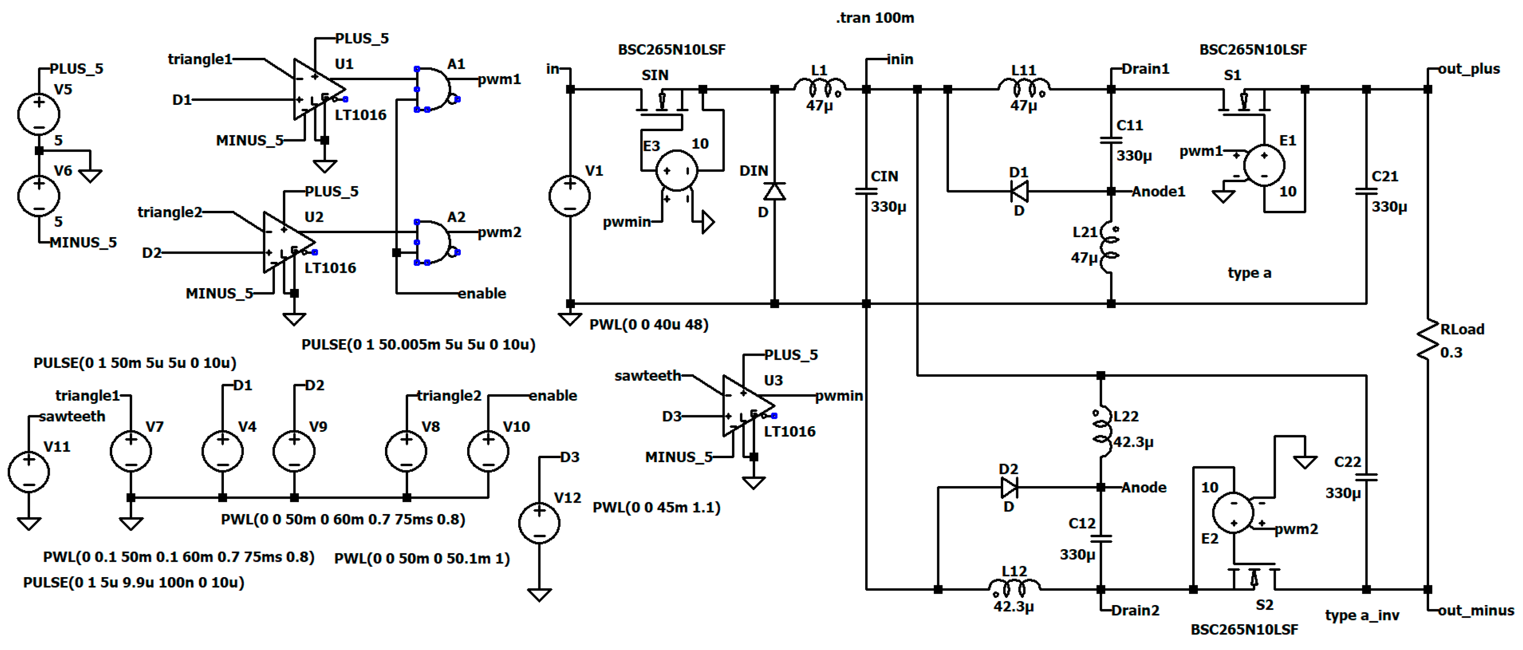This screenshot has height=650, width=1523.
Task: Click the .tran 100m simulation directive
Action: click(874, 18)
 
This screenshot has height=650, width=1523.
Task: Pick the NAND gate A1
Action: click(433, 89)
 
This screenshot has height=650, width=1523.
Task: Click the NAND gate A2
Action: click(433, 242)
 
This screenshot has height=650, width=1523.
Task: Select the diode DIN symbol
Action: click(774, 191)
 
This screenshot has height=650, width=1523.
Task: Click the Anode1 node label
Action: click(1158, 191)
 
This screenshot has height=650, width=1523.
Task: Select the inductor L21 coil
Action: click(1110, 248)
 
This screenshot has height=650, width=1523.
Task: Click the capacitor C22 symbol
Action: click(1366, 476)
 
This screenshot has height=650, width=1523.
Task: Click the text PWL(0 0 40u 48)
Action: click(649, 325)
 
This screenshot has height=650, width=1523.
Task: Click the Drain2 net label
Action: click(1135, 610)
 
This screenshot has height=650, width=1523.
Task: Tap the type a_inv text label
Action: click(1361, 615)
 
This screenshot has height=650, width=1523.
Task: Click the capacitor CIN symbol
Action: click(866, 191)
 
